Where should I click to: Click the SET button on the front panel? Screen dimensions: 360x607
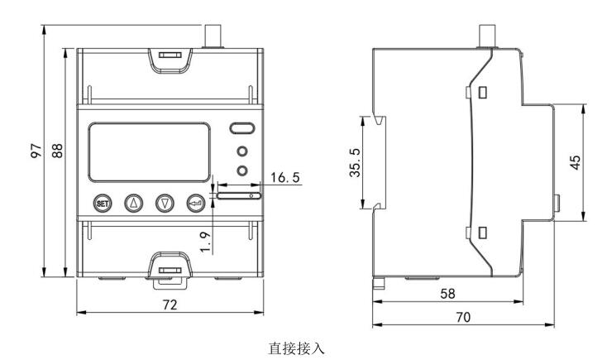click(103, 203)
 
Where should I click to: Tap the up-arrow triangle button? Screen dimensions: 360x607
click(133, 203)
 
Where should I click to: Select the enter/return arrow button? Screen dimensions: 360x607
click(196, 203)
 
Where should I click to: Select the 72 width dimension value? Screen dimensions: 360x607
click(169, 305)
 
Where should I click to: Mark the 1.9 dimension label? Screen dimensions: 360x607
click(207, 241)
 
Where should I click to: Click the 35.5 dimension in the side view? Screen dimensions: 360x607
click(353, 165)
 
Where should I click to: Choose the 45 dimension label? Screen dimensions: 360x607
click(575, 161)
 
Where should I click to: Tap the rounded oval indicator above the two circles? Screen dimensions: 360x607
click(242, 129)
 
